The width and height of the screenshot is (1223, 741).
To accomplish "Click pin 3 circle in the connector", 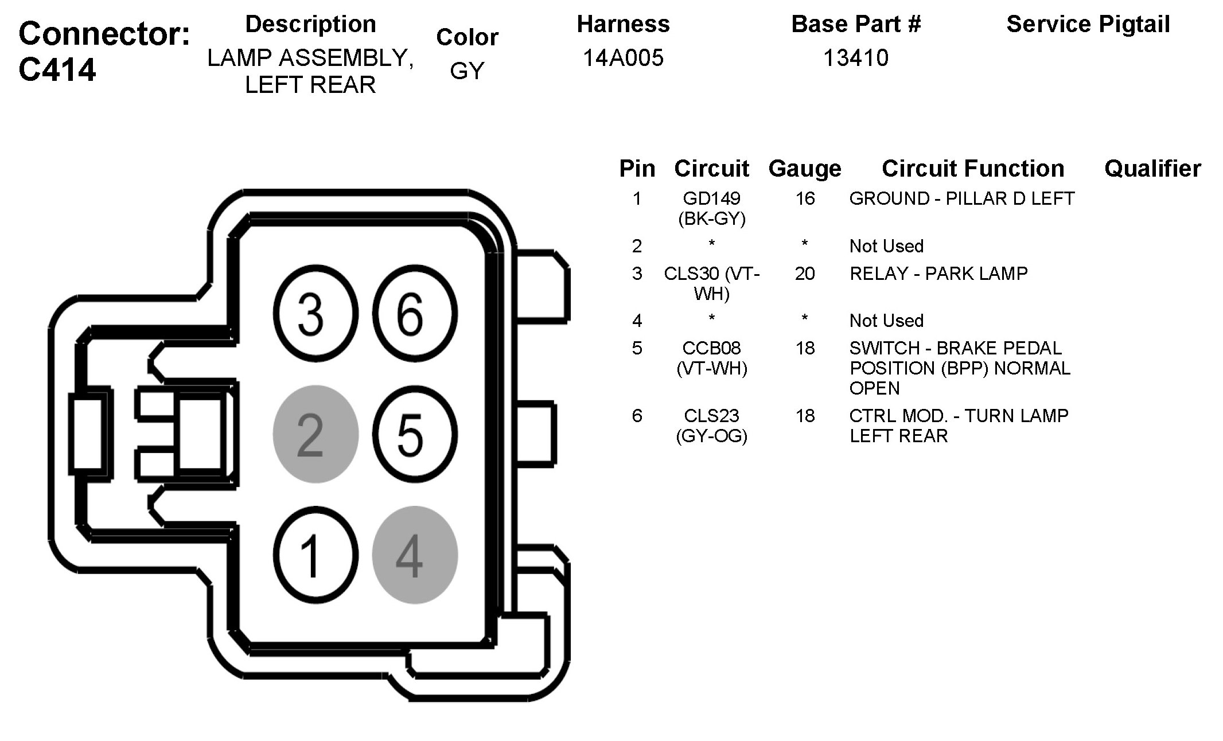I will [316, 314].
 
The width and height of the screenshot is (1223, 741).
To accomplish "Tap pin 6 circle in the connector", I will [415, 314].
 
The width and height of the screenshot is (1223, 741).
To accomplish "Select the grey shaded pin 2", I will [316, 434].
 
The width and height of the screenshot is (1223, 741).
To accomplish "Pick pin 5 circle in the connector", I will [415, 434].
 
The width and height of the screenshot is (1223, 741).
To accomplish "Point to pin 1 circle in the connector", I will [316, 555].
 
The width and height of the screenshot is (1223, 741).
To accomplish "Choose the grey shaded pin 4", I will [415, 555].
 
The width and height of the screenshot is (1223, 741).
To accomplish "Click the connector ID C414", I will [57, 70].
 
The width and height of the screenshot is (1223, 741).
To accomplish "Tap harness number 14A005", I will [623, 58].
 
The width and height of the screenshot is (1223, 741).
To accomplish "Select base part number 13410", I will [855, 58].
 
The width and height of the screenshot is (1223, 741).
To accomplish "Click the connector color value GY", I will [467, 71].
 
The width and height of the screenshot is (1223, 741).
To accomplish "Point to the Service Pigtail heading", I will [1088, 24].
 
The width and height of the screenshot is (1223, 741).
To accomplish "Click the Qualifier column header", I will [1152, 169].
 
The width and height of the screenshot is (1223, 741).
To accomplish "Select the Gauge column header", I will [804, 169].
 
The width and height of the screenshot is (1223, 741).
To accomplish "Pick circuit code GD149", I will [711, 198].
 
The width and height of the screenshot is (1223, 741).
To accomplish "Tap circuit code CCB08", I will [711, 348].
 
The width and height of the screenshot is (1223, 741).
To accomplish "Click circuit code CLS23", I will [711, 416].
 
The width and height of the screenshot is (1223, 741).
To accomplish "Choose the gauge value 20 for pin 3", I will [804, 274].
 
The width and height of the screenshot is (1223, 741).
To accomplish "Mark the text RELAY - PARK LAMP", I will [938, 274].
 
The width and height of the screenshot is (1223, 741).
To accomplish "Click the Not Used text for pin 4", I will [886, 321].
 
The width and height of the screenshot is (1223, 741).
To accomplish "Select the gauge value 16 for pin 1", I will [804, 198].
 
